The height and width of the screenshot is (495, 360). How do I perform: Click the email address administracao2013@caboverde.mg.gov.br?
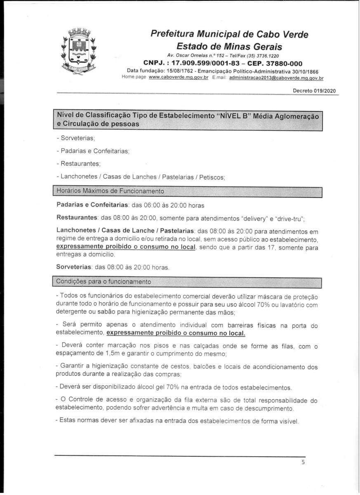coord(276,78)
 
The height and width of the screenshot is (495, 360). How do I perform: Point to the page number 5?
coord(303,462)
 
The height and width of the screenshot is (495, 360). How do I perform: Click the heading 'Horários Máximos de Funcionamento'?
coord(111,191)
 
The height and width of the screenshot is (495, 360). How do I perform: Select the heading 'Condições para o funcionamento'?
coord(104,282)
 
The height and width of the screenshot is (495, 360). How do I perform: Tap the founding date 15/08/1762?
coord(175,71)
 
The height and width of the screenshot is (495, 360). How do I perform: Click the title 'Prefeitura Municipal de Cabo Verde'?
coord(229,34)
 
